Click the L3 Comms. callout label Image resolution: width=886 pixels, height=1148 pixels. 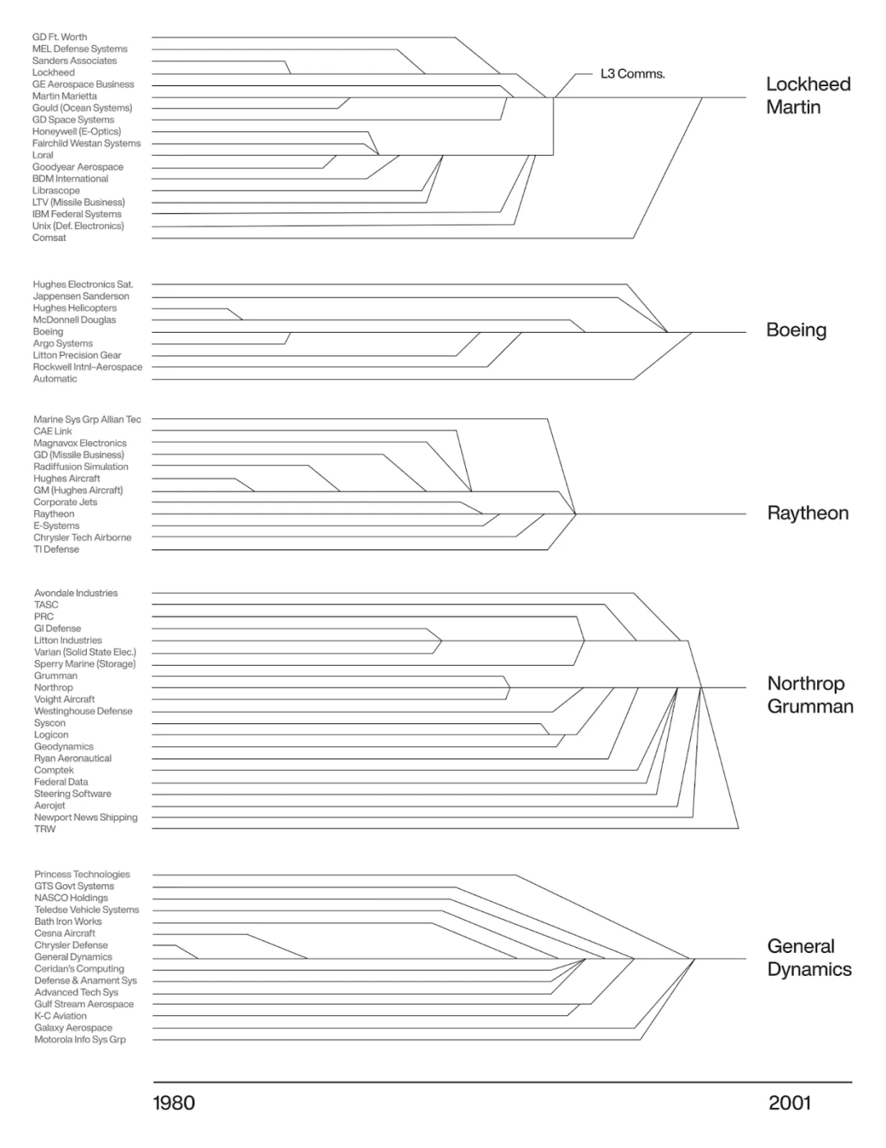632,74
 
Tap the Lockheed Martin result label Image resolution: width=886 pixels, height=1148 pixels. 807,95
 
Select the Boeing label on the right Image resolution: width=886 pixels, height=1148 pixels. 796,330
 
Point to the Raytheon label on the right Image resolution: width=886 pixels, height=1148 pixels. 807,513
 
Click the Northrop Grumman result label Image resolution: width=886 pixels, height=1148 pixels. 810,695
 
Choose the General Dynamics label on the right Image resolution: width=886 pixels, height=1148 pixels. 809,958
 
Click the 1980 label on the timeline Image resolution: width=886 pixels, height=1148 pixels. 174,1103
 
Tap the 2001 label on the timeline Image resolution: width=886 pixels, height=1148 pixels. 789,1103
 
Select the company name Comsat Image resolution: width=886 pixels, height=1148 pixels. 49,238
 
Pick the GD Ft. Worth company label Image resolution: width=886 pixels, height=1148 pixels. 59,37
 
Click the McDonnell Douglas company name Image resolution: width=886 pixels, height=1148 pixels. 74,320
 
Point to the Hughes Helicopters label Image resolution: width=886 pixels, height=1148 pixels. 75,308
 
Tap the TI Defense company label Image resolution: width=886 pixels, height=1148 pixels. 56,549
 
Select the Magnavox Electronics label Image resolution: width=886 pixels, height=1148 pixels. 80,443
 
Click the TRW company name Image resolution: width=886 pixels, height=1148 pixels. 45,829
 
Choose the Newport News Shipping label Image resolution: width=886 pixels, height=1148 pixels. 85,818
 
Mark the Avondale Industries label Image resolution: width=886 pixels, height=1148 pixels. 75,593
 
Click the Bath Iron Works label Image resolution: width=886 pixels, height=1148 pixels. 68,922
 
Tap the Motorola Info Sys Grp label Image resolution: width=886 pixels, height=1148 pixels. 80,1040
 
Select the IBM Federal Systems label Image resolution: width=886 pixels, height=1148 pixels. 76,214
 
